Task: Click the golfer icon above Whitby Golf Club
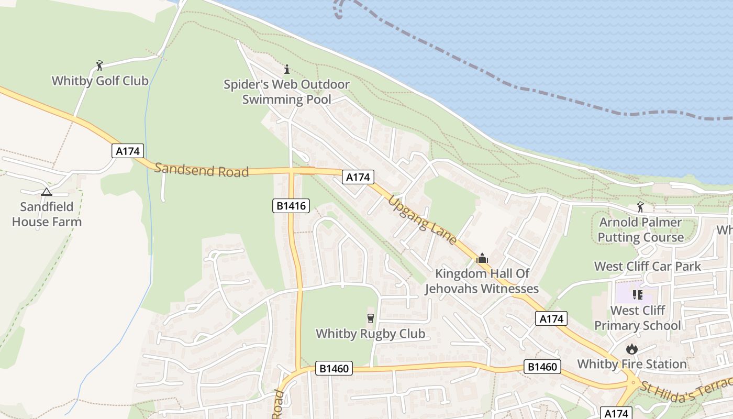point(99,65)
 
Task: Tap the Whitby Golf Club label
point(100,81)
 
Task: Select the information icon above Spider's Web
point(286,69)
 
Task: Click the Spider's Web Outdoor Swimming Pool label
point(286,92)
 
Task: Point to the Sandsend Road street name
point(202,170)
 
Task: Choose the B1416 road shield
point(291,206)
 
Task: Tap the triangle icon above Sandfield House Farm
point(47,192)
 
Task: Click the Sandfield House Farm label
point(47,214)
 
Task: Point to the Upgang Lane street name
point(423,220)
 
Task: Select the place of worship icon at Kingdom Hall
point(482,258)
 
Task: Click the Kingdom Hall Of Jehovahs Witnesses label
point(482,281)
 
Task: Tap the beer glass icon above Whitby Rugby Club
point(371,318)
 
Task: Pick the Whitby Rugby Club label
point(371,334)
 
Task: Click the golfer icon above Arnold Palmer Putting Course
point(640,207)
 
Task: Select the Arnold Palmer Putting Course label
point(640,230)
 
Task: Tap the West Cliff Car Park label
point(647,266)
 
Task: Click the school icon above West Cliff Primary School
point(637,295)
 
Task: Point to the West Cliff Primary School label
point(637,318)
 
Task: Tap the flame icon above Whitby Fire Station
point(632,349)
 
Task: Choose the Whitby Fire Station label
point(632,364)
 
